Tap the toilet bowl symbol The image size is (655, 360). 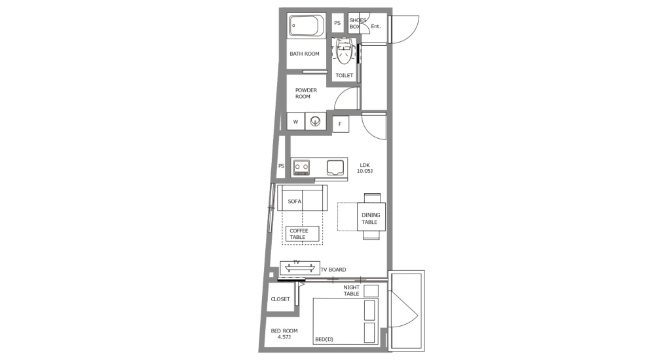tap(345, 51)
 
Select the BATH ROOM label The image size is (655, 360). tap(305, 54)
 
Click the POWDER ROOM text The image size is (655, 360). tap(306, 94)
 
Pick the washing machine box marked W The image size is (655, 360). tap(295, 122)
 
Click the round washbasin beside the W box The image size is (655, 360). tap(316, 122)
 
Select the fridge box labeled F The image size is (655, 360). tap(340, 124)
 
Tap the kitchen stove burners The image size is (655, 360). tap(302, 167)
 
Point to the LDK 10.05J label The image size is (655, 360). tap(365, 168)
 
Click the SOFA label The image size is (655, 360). tap(295, 202)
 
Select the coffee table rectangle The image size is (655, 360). tap(303, 234)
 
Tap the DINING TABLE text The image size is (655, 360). tap(370, 219)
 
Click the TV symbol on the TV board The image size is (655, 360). tap(299, 266)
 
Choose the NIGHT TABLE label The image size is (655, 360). tap(352, 291)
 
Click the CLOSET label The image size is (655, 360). tap(280, 299)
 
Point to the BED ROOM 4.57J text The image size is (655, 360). tap(284, 334)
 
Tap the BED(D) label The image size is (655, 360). tap(324, 339)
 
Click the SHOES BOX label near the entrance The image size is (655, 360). tap(358, 24)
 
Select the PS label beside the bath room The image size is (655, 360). tap(337, 23)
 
